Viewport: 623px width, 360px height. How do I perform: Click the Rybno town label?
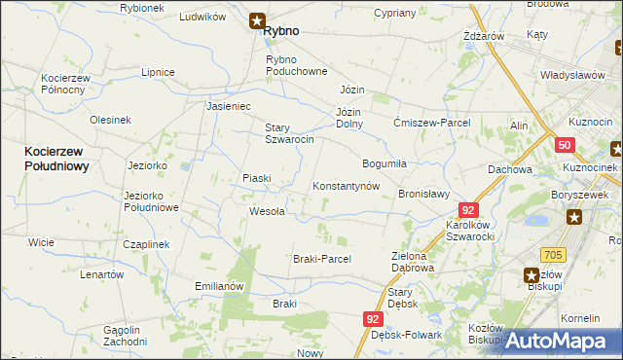(280, 31)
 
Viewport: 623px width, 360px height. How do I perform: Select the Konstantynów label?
(345, 186)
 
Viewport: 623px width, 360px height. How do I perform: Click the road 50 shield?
(565, 146)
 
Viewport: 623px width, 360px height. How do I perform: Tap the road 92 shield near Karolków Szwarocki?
(469, 210)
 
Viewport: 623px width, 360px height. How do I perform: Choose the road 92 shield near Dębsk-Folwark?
(375, 319)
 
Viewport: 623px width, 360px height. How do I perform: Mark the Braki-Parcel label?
(321, 259)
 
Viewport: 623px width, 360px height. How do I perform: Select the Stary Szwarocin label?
(289, 133)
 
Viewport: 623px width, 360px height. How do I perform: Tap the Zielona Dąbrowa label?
(412, 261)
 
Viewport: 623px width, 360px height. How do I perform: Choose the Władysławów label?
(573, 76)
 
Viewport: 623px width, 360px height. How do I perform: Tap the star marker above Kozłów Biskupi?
(531, 275)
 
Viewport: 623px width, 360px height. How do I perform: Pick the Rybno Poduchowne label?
(289, 66)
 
